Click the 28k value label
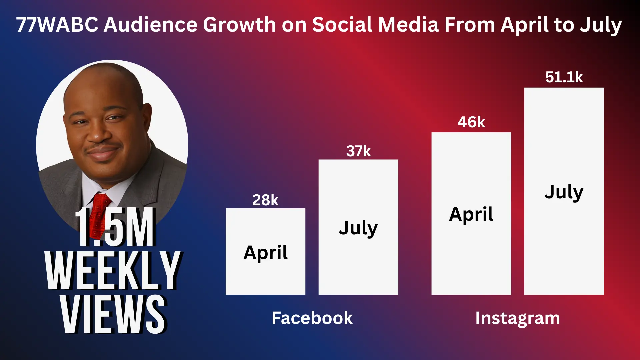point(265,200)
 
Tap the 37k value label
point(358,151)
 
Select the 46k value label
point(471,122)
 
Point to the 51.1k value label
point(564,77)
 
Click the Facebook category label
point(312,318)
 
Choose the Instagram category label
point(517,318)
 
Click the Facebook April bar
point(265,251)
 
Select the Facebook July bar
point(358,227)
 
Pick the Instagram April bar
point(471,213)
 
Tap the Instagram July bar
point(564,191)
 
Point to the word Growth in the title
point(240,25)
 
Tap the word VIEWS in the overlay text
point(113,314)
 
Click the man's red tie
point(99,213)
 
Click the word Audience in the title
point(150,25)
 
